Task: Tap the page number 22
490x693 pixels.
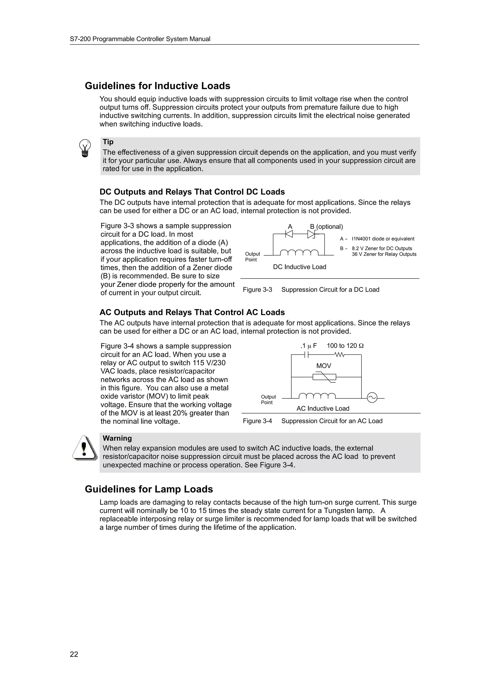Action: click(x=74, y=654)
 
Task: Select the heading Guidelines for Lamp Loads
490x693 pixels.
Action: click(x=149, y=489)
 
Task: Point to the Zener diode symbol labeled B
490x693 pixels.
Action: click(x=311, y=234)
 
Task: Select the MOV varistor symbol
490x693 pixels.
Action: click(x=324, y=377)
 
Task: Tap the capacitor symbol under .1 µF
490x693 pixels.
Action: click(x=307, y=355)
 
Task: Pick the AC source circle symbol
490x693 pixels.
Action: click(x=372, y=398)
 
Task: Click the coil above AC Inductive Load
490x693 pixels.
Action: click(x=317, y=396)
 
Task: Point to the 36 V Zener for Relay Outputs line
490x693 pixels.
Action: click(x=384, y=254)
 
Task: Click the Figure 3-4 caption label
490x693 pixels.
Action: click(x=257, y=421)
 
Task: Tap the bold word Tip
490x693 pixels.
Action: click(x=108, y=142)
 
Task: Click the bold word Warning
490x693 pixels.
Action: click(x=117, y=438)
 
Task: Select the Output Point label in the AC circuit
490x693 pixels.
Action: click(x=268, y=400)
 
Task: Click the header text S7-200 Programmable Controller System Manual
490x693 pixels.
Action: click(x=140, y=39)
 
